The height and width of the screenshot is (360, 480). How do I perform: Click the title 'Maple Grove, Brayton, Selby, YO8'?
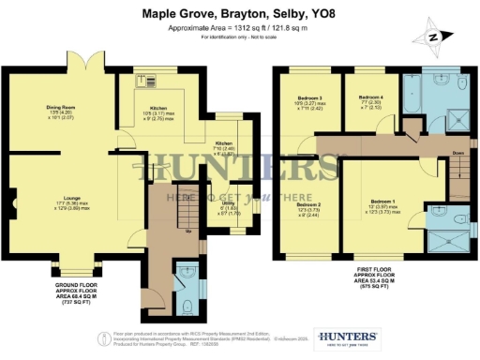(239, 14)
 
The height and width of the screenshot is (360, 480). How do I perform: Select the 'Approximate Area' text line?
(239, 27)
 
